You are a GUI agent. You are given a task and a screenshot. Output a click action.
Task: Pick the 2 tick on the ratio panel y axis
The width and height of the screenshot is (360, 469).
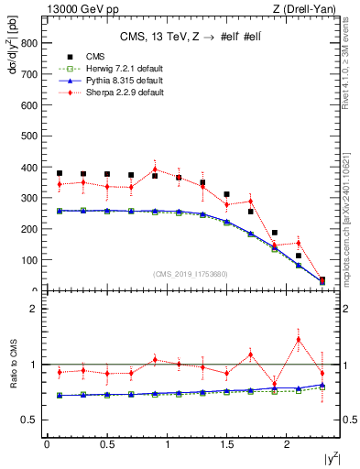coord(34,309)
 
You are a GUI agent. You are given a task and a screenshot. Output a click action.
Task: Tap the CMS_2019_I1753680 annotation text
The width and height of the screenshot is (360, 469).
coord(190,273)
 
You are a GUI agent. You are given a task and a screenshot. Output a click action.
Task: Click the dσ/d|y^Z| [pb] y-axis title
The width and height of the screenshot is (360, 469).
coord(12,55)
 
